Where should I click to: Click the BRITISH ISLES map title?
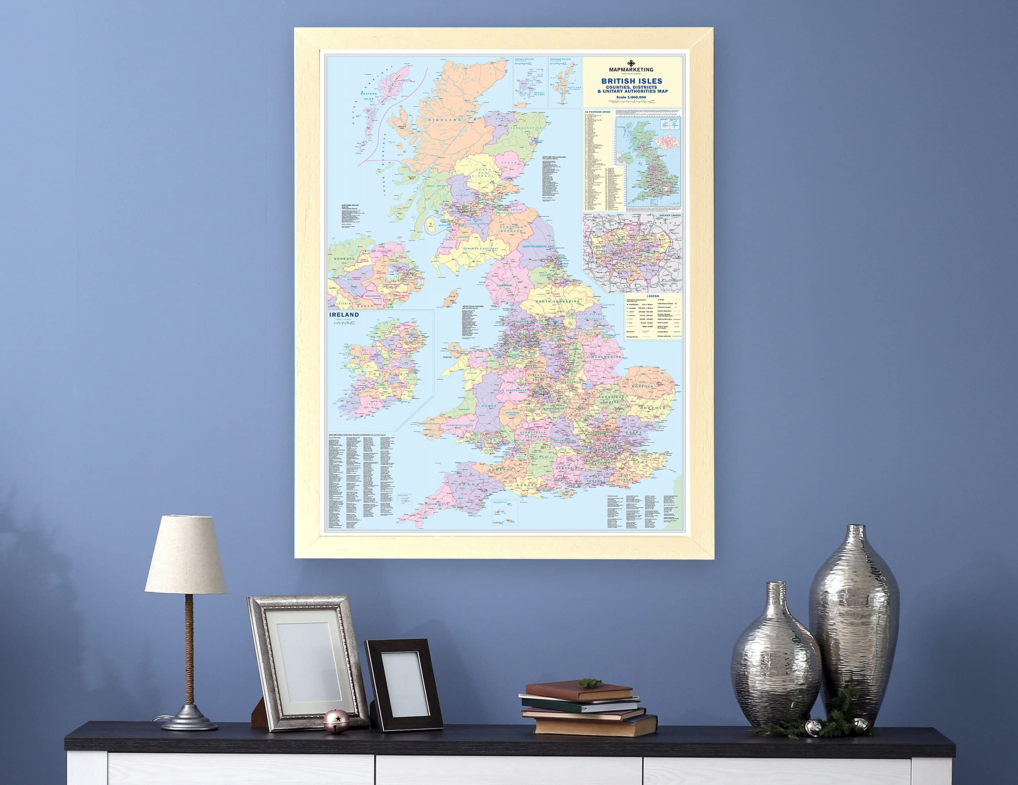631,81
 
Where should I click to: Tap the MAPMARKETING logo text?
631,70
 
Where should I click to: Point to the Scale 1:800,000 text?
631,97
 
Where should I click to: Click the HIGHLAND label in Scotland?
444,120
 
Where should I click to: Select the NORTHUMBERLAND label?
538,246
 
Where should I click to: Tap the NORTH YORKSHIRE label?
558,301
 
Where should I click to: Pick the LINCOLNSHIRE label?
604,357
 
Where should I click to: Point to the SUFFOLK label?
653,408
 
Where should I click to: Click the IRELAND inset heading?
344,315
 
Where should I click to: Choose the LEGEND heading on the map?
653,296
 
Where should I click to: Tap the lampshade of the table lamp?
186,555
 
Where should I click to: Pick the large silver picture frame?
308,663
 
